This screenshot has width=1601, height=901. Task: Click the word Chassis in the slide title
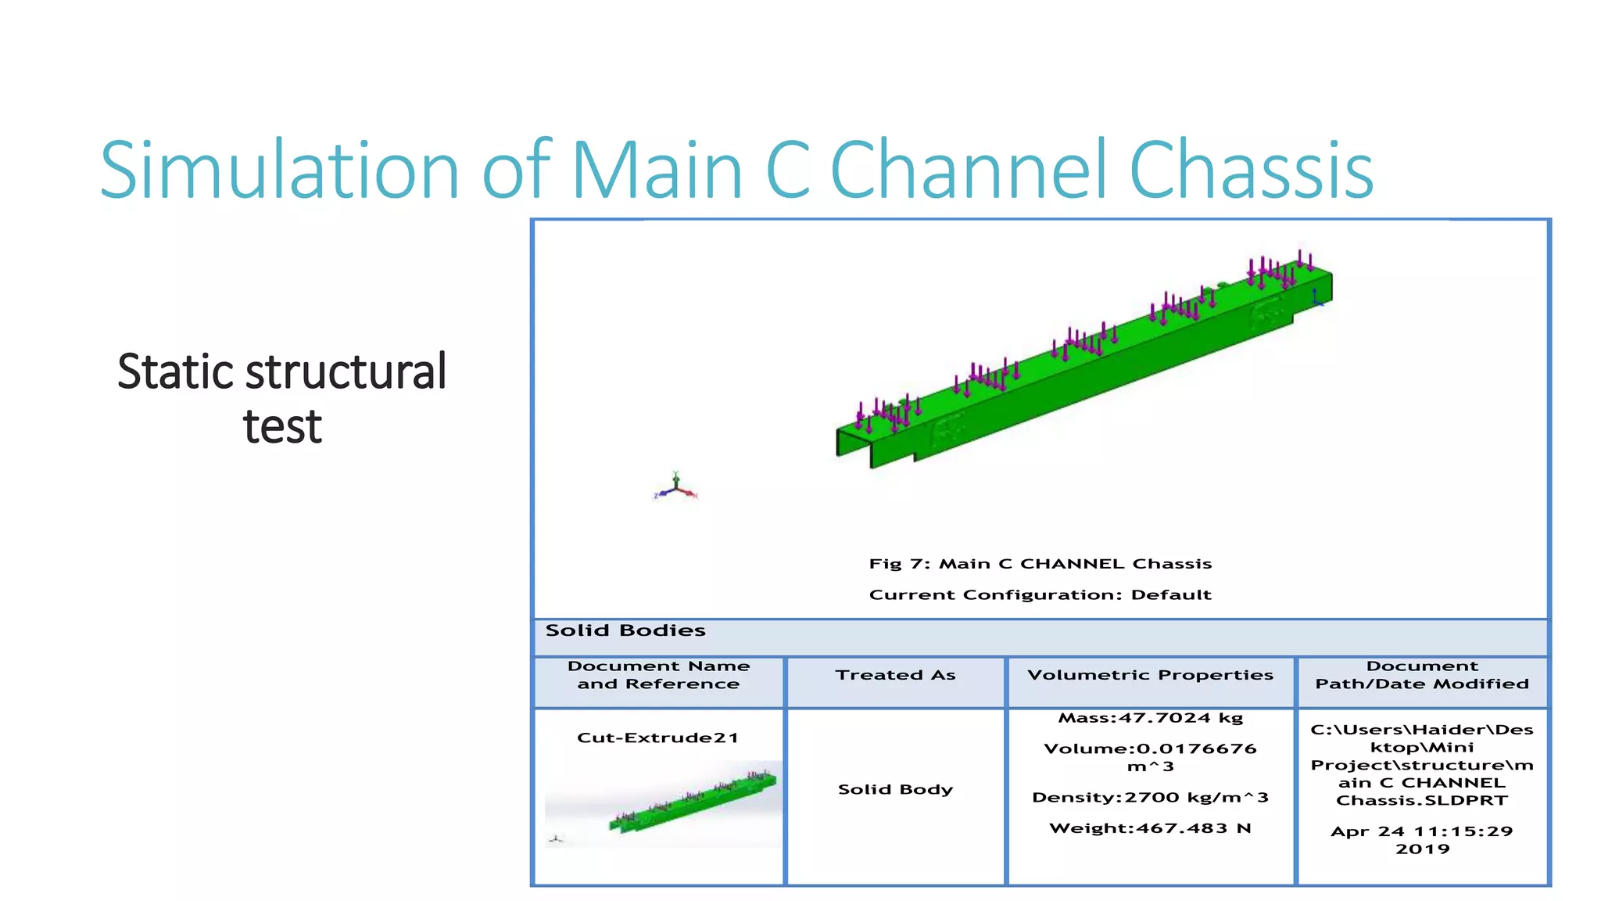click(x=1250, y=171)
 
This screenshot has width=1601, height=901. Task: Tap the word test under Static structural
click(x=282, y=427)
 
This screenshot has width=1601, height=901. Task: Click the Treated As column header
click(x=895, y=675)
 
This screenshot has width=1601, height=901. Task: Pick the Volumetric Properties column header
click(x=1150, y=675)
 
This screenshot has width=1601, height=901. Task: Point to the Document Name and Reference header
click(x=658, y=675)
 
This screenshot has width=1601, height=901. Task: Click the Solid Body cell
click(x=895, y=789)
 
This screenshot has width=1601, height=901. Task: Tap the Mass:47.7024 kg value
click(x=1150, y=718)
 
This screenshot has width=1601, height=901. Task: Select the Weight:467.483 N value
click(x=1150, y=828)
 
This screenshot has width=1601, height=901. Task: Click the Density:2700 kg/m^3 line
click(x=1150, y=798)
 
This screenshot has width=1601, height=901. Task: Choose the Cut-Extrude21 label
click(x=657, y=738)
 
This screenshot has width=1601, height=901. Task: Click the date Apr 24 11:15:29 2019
click(x=1422, y=840)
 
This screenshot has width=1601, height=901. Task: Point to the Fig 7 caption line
click(x=1040, y=564)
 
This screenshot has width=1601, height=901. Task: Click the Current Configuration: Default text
click(x=1040, y=595)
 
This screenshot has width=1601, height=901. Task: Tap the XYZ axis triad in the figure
click(x=675, y=489)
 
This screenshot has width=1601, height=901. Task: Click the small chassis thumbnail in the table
click(x=692, y=803)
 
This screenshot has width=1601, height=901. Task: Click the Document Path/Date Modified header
click(x=1422, y=675)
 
